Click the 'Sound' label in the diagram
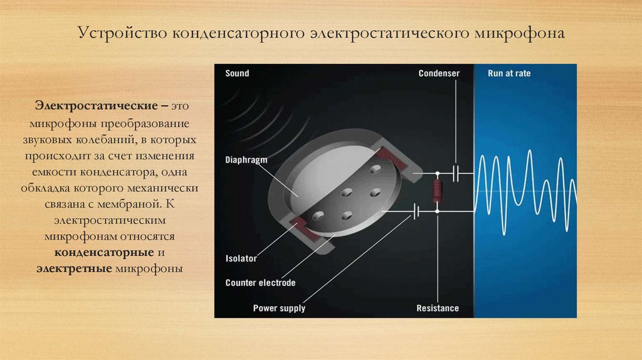[237, 73]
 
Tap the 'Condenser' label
[439, 73]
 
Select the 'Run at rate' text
[509, 73]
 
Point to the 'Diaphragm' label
[246, 160]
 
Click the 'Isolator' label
[241, 258]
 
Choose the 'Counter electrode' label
[260, 283]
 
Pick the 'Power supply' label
[279, 308]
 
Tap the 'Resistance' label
[438, 308]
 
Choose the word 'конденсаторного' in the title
[235, 33]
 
